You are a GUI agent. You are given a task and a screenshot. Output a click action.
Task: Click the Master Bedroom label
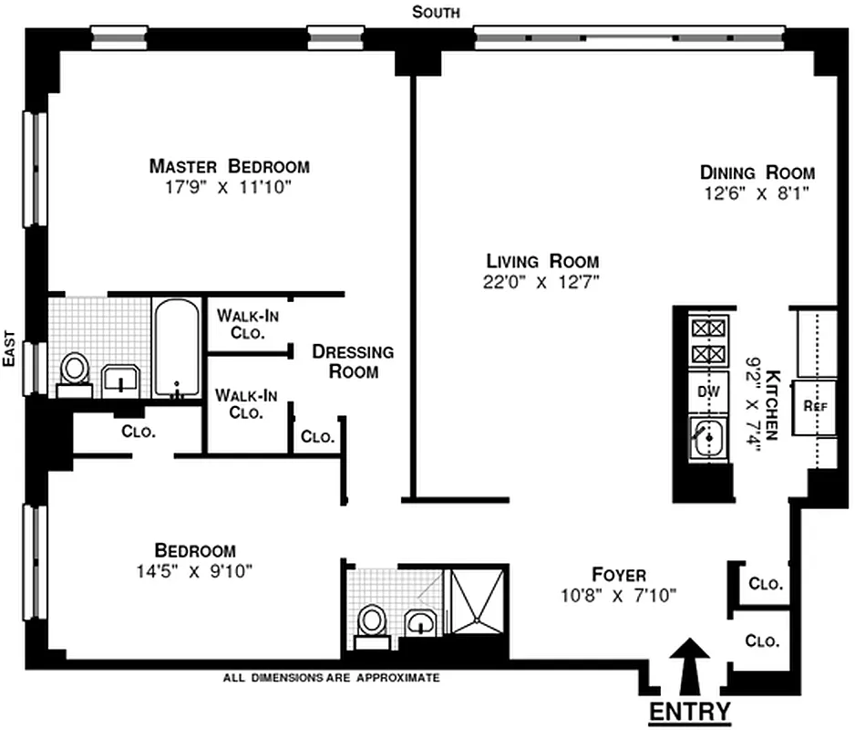[229, 167]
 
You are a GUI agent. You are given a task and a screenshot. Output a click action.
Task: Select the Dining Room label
[757, 172]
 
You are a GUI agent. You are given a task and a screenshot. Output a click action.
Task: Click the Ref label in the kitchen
[815, 405]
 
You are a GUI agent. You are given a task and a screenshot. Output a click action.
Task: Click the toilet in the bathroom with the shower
[371, 623]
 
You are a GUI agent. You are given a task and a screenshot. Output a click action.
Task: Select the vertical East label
[8, 349]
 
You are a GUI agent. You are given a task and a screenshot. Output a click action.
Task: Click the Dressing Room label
[353, 361]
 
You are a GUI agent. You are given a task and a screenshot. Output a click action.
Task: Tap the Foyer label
[618, 575]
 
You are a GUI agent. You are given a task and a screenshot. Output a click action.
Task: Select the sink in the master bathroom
[119, 378]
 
